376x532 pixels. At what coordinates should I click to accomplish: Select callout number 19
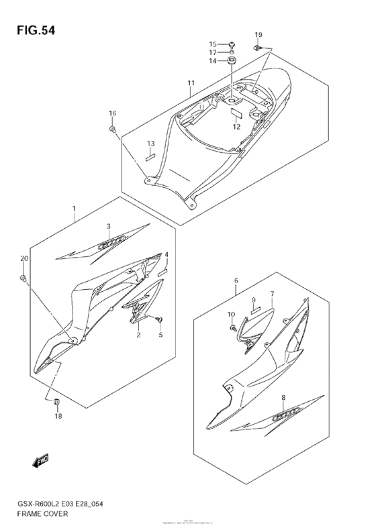[x=258, y=34]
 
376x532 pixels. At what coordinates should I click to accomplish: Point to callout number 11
[x=191, y=84]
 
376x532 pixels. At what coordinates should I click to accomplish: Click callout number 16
[x=112, y=113]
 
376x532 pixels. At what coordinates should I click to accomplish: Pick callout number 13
[x=151, y=144]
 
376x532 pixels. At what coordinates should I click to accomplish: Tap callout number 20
[x=24, y=259]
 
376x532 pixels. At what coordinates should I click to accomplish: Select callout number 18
[x=58, y=416]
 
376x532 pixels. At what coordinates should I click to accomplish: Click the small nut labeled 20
[x=23, y=277]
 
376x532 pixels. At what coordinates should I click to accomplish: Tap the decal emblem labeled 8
[x=283, y=417]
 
